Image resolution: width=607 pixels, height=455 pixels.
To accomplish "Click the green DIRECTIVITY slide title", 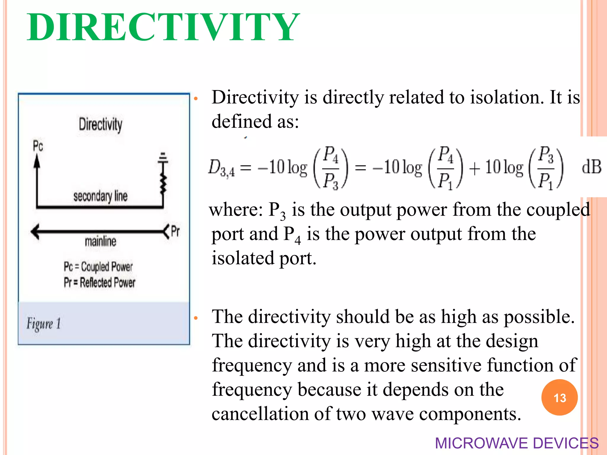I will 163,27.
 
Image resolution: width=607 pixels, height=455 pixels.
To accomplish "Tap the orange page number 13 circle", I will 559,398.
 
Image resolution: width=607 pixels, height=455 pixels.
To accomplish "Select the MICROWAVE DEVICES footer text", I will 517,443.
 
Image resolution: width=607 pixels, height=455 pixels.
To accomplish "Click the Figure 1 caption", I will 44,323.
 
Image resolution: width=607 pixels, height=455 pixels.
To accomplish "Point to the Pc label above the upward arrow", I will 38,146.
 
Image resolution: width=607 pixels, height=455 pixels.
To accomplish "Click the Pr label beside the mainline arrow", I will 175,231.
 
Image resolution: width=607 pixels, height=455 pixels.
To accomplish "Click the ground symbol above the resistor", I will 162,158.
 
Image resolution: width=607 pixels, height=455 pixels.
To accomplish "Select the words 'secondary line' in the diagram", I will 100,196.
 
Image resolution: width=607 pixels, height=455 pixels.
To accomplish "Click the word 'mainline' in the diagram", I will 100,241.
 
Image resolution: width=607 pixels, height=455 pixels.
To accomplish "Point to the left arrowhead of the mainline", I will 35,231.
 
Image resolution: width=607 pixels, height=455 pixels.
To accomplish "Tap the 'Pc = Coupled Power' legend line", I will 98,267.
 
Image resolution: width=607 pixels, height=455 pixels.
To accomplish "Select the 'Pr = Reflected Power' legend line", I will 99,282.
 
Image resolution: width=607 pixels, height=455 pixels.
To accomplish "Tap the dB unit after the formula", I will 591,167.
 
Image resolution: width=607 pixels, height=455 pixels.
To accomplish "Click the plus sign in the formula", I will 475,169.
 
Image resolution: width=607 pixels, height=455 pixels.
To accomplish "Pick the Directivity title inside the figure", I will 100,124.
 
